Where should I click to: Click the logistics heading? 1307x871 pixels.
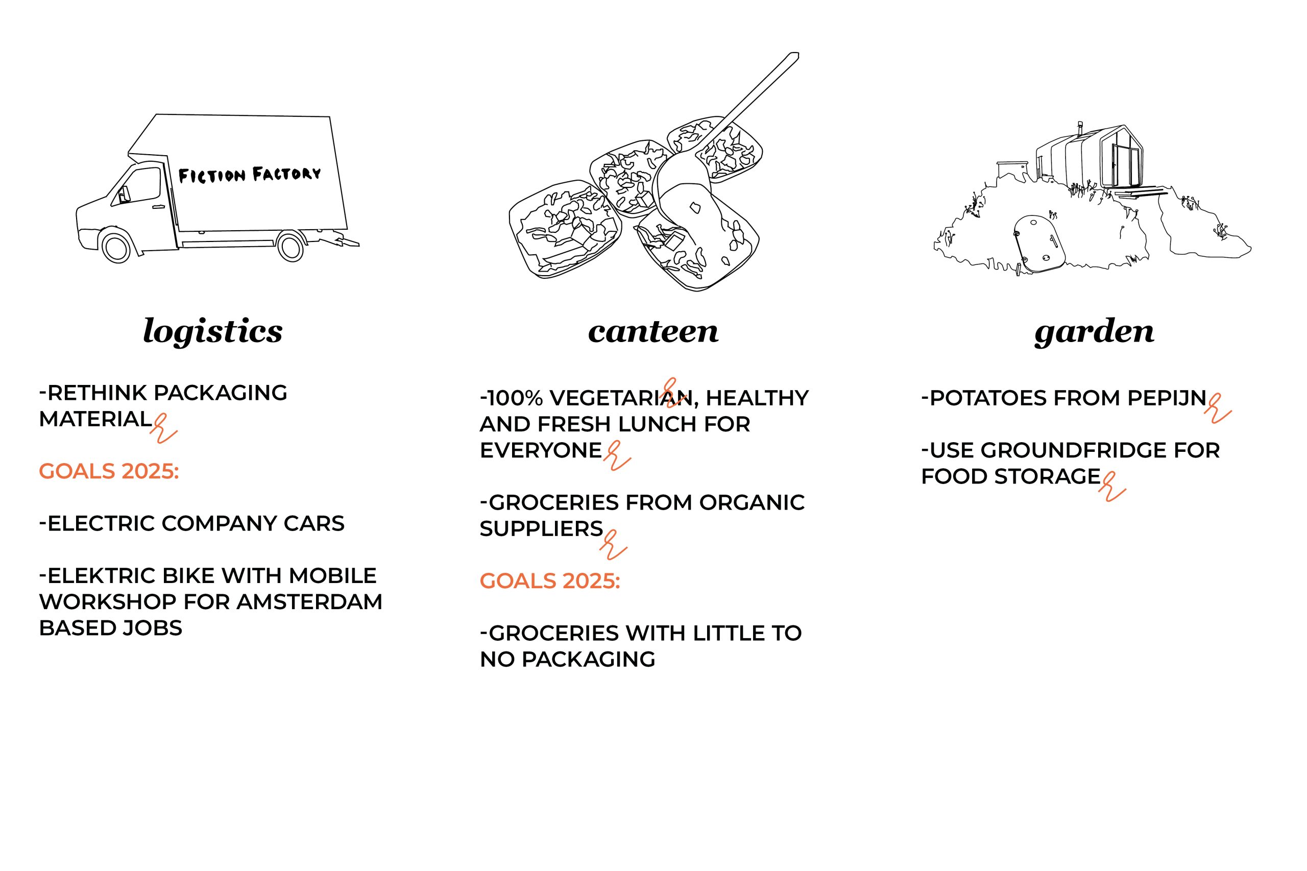[x=213, y=332]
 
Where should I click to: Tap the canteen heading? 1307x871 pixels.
[x=653, y=332]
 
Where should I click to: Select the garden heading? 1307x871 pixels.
[x=1094, y=332]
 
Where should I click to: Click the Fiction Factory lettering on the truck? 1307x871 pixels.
[x=249, y=175]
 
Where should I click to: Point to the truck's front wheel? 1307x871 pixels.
[x=116, y=247]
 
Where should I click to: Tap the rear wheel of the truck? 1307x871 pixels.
[x=291, y=247]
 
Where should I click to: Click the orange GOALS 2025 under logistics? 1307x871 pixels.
[x=109, y=471]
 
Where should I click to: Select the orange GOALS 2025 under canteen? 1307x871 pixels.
[x=550, y=581]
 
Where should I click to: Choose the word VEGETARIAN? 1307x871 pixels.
[x=621, y=398]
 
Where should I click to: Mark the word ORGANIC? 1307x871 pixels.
[x=752, y=503]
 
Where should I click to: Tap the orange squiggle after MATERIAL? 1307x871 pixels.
[x=163, y=428]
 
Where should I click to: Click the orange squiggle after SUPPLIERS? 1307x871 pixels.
[x=613, y=545]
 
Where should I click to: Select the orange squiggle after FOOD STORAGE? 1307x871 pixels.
[x=1111, y=487]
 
